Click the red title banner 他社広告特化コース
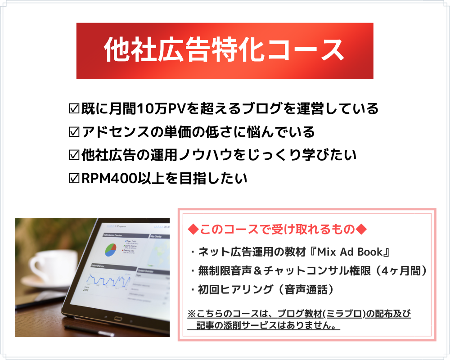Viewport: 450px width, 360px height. pyautogui.click(x=225, y=51)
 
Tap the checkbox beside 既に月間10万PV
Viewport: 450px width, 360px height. pyautogui.click(x=74, y=109)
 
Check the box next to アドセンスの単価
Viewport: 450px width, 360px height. pyautogui.click(x=74, y=132)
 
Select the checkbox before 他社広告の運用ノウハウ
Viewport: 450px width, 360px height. pyautogui.click(x=74, y=155)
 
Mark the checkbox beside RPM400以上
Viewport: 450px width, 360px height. pyautogui.click(x=74, y=178)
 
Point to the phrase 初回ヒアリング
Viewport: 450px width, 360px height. pyautogui.click(x=235, y=290)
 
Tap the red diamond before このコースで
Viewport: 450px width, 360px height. pyautogui.click(x=193, y=229)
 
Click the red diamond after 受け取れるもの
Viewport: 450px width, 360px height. pyautogui.click(x=361, y=229)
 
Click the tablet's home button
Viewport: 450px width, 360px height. pyautogui.click(x=118, y=319)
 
